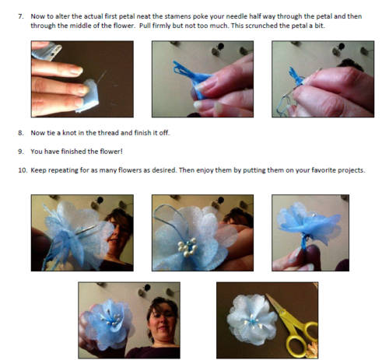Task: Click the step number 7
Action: point(21,16)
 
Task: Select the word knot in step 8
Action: point(69,133)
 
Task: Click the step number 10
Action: point(23,170)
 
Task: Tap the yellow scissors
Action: point(294,325)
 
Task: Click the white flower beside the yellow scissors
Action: point(251,320)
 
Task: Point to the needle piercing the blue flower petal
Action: point(87,230)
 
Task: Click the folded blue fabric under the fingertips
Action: point(88,96)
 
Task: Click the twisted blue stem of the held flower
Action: point(304,243)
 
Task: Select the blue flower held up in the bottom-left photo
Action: point(107,323)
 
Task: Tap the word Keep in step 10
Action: point(38,171)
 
